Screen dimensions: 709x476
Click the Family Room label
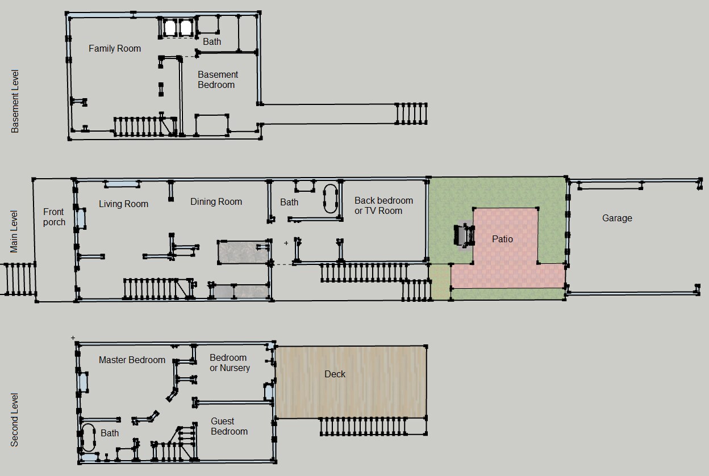pos(115,48)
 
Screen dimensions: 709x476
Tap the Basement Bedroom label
pos(218,79)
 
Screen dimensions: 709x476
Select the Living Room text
pos(123,204)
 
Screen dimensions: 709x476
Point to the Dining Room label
pos(216,201)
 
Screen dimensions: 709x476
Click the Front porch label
pos(54,217)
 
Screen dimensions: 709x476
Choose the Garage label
pos(617,218)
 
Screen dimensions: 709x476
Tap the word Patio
pos(502,239)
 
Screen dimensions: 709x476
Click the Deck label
pos(335,374)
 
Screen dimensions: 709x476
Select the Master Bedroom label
pos(132,360)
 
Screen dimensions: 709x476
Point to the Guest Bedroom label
pos(229,426)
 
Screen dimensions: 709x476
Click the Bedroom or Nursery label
pos(230,363)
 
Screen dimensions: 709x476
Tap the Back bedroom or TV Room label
pos(383,205)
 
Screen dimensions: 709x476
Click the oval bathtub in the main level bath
pos(330,199)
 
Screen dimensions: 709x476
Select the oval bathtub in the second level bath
pos(88,437)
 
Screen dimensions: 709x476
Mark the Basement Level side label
pos(15,101)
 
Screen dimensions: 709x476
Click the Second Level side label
pos(15,420)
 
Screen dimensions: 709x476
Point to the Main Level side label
pos(14,231)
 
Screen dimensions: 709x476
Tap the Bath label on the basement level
pos(212,41)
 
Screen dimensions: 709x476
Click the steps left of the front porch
pos(18,279)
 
